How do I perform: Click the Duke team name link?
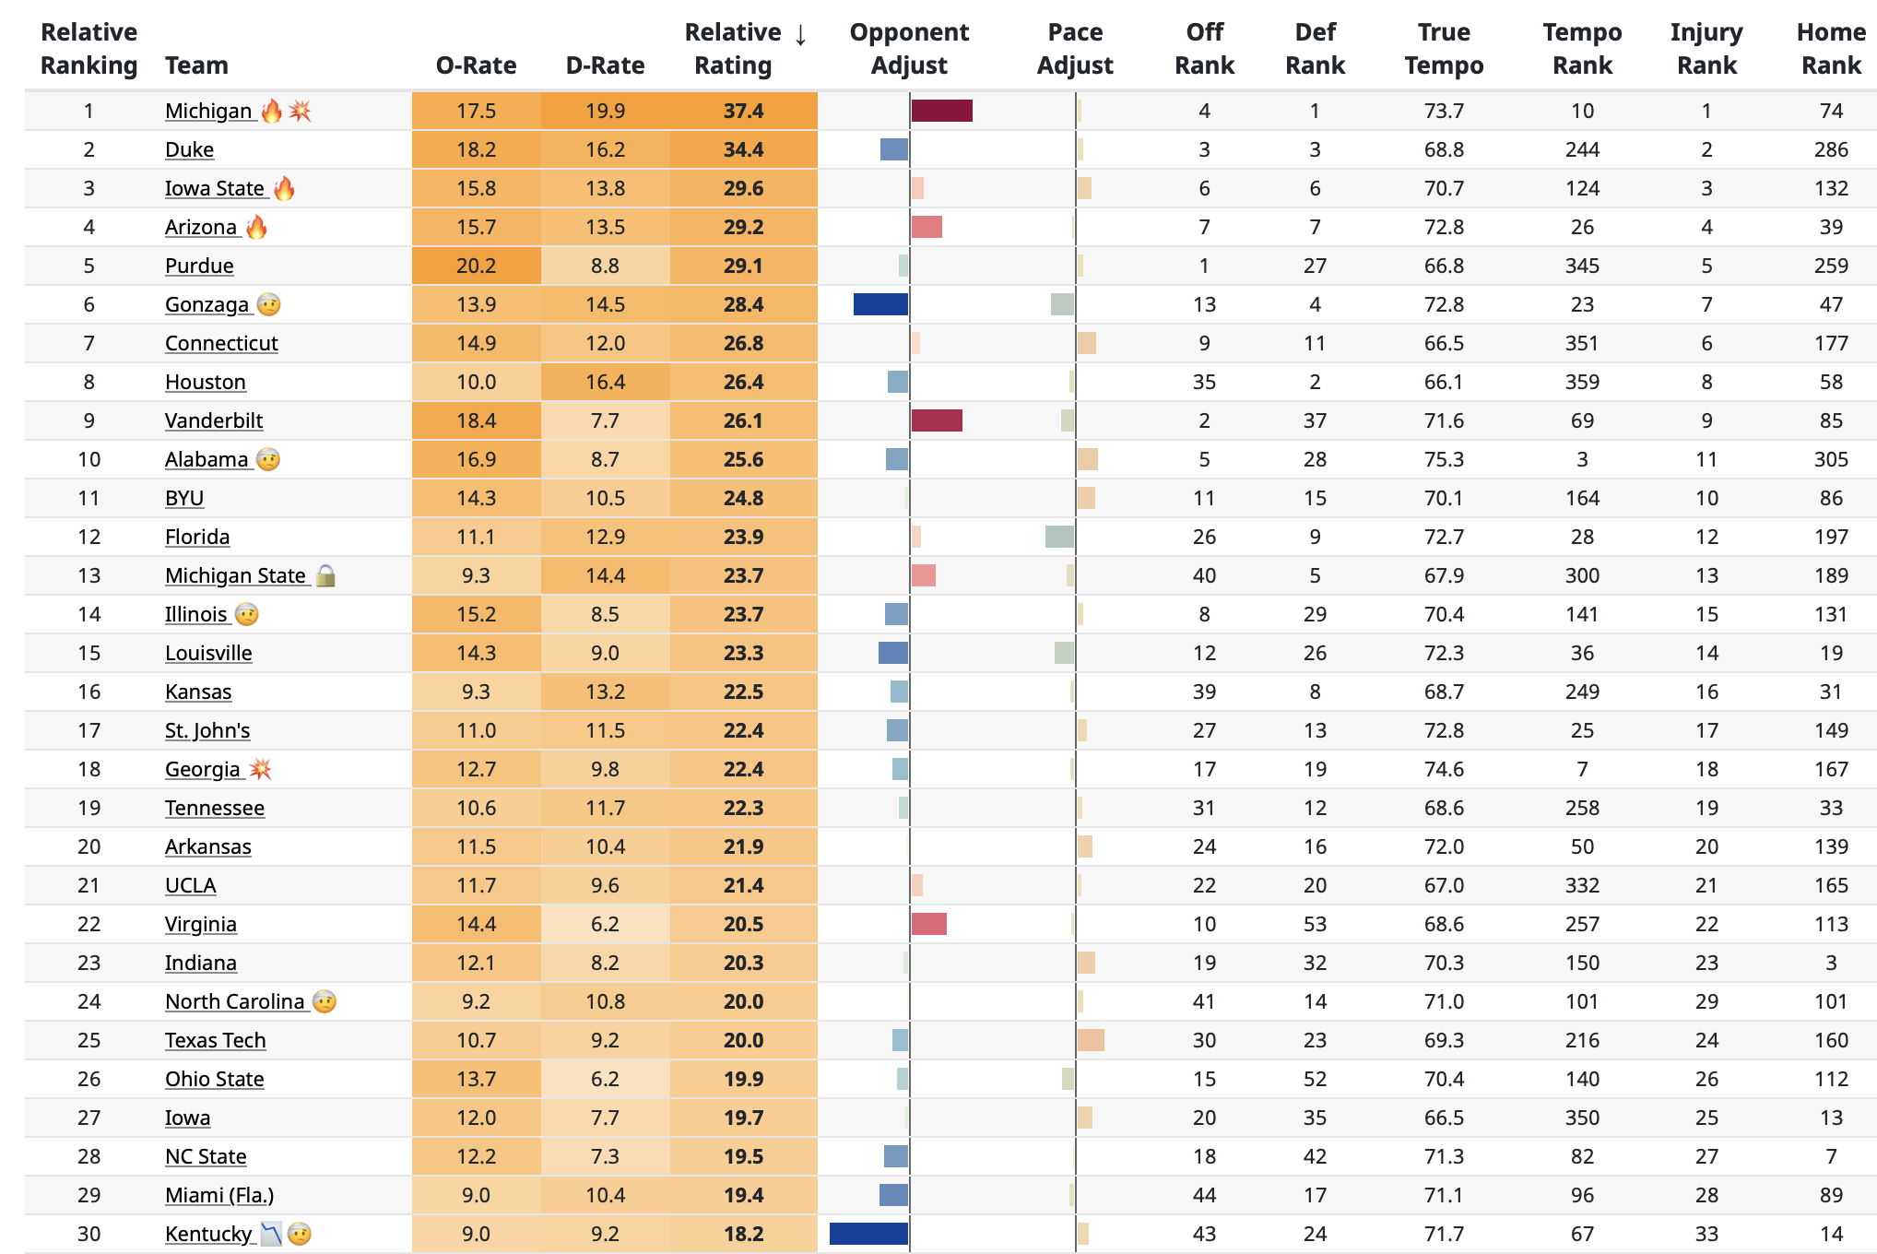[189, 150]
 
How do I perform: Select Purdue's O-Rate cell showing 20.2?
[476, 266]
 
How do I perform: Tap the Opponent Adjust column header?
[908, 49]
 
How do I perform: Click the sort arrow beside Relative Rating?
[800, 35]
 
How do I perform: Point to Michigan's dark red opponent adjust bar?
[941, 112]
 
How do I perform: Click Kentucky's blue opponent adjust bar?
[868, 1234]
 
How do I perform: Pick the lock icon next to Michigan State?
[325, 576]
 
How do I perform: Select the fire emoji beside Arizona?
[256, 228]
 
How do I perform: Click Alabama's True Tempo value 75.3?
[1443, 460]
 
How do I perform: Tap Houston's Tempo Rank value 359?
[1581, 383]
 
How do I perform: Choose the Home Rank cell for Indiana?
[1830, 964]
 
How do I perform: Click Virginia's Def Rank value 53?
[1315, 925]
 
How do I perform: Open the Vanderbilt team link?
[214, 421]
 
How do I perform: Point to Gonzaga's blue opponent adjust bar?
[880, 305]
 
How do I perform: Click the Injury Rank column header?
[1706, 49]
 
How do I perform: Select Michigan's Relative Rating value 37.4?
[743, 112]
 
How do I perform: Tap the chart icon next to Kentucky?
[271, 1234]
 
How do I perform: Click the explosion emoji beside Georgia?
[261, 770]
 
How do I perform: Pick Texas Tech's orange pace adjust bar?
[1091, 1041]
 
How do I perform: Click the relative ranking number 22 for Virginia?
[89, 925]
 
